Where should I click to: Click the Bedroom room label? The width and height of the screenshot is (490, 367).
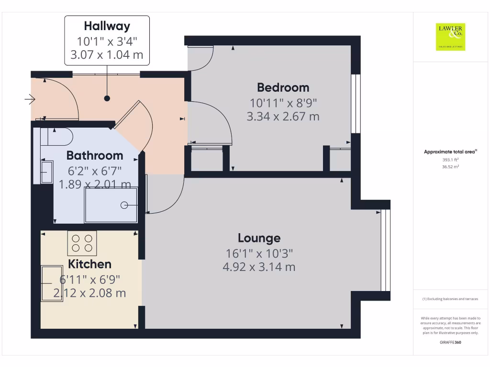click(x=283, y=87)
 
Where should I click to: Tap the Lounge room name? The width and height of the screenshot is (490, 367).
click(x=259, y=238)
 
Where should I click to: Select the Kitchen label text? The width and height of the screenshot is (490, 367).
click(x=89, y=264)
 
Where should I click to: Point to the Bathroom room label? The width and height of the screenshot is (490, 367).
click(x=94, y=155)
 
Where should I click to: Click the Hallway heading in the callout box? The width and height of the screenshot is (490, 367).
click(x=107, y=26)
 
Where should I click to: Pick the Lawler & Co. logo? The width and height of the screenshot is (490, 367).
click(x=450, y=37)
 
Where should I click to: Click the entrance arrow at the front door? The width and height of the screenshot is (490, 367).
click(x=30, y=99)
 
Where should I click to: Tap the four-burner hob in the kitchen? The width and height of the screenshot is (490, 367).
click(x=82, y=243)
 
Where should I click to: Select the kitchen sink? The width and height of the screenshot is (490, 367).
click(x=51, y=283)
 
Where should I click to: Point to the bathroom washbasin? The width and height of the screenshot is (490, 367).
click(x=46, y=172)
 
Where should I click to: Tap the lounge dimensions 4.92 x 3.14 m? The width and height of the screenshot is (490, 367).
click(x=259, y=267)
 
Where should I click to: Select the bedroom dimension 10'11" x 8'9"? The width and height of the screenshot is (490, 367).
click(x=283, y=102)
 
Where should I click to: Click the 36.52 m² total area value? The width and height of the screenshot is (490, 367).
click(x=450, y=167)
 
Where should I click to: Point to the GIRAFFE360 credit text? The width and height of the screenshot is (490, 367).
click(x=450, y=343)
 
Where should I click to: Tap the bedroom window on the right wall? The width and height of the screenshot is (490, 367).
click(x=355, y=104)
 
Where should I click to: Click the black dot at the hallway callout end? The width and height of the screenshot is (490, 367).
click(x=107, y=98)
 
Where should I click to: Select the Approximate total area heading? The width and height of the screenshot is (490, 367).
click(x=450, y=152)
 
